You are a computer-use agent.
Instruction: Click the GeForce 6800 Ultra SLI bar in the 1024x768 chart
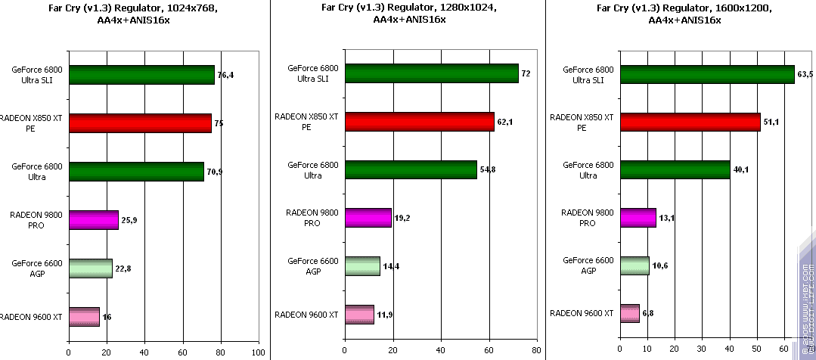141,75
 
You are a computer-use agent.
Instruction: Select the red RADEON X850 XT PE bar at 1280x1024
419,121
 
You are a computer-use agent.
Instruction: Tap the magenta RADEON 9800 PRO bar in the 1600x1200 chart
638,218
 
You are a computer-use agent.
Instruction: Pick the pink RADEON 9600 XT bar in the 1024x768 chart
84,316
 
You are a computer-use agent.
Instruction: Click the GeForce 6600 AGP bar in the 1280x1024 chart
362,265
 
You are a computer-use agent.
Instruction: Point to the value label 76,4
225,76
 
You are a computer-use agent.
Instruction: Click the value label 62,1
505,122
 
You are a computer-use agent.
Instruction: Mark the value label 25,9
129,220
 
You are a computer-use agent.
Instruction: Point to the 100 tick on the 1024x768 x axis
259,352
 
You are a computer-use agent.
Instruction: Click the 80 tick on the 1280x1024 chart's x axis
535,352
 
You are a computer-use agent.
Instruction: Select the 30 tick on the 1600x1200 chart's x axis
702,352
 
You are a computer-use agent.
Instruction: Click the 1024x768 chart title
135,14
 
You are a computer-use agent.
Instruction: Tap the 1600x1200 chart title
684,14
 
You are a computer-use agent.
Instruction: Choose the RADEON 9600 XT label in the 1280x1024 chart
306,314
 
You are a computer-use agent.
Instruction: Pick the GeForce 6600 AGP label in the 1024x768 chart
38,268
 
